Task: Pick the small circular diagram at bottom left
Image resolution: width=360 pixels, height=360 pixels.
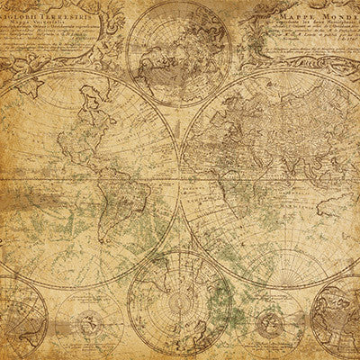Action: point(89,321)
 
